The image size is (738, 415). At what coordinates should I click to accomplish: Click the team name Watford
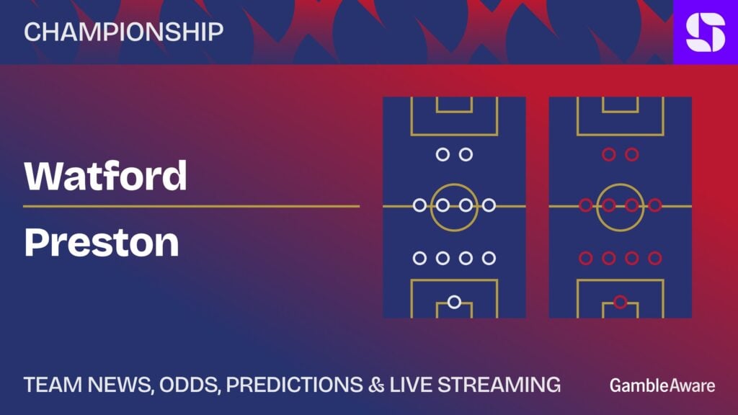105,176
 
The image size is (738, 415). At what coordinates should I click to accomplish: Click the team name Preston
102,242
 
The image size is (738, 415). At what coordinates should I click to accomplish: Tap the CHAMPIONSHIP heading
124,32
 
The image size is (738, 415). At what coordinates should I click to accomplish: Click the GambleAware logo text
662,385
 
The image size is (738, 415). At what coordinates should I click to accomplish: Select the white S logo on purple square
706,32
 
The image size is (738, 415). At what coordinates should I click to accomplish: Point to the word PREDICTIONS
294,385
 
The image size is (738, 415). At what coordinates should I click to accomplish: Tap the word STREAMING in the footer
499,385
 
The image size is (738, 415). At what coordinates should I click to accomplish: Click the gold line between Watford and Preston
191,206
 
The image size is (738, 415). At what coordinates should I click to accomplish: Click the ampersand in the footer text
376,385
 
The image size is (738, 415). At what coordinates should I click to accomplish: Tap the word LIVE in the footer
411,385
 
